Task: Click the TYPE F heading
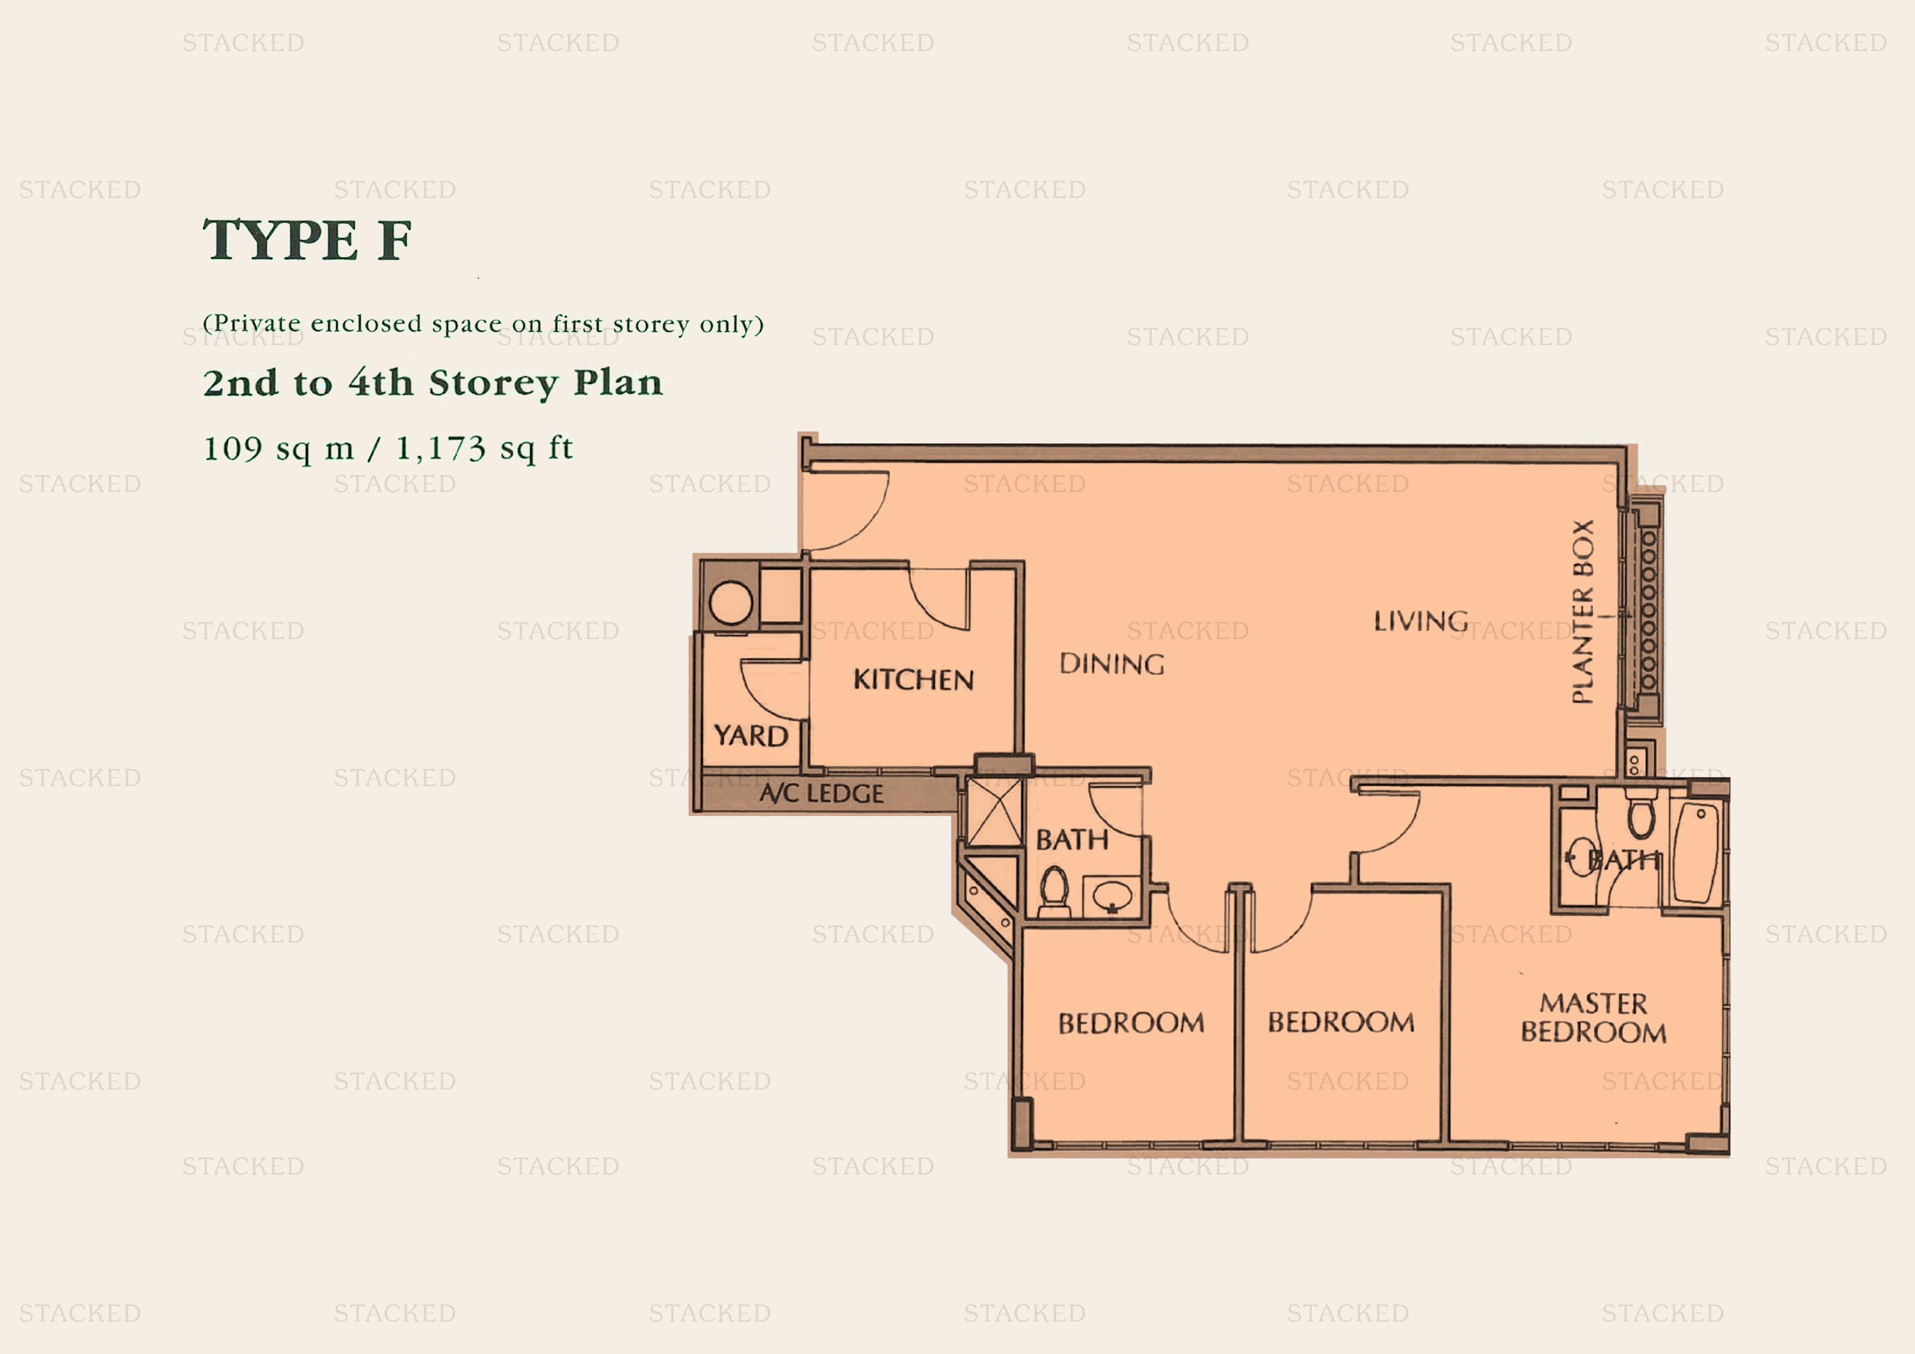click(307, 240)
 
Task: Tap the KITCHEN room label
click(913, 679)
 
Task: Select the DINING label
click(1112, 664)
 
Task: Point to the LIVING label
click(1421, 621)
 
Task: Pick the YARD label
click(751, 736)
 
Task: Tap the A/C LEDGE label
click(820, 793)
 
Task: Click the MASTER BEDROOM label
click(1593, 1018)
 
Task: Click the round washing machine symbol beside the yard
click(730, 602)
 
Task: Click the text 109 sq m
click(278, 449)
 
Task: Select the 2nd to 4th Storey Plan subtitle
click(433, 383)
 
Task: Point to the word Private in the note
click(258, 323)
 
